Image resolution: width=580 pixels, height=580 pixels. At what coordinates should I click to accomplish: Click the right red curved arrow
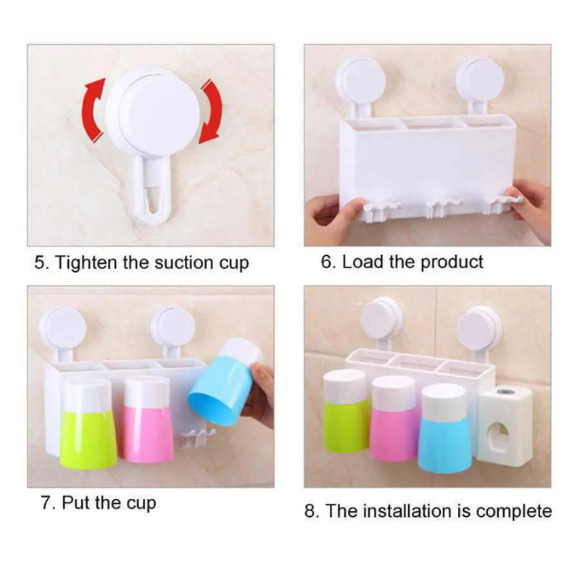pyautogui.click(x=210, y=110)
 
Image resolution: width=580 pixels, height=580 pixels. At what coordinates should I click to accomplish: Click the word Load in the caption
pyautogui.click(x=362, y=262)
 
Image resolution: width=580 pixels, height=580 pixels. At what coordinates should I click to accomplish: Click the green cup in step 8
pyautogui.click(x=345, y=413)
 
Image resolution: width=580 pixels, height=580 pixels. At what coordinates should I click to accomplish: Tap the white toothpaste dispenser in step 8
pyautogui.click(x=505, y=424)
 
